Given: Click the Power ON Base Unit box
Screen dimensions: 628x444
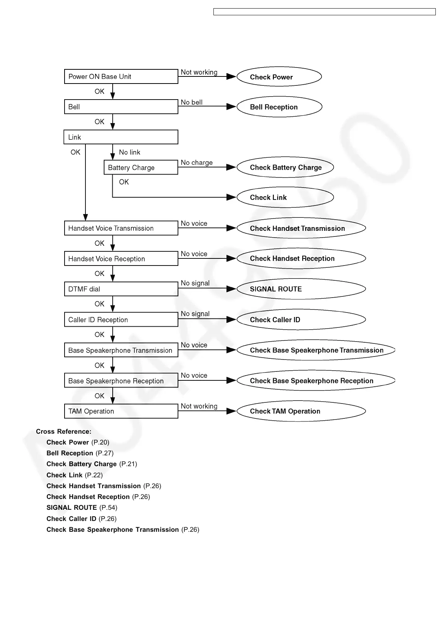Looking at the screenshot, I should click(x=121, y=76).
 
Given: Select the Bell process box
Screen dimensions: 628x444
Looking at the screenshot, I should click(x=121, y=107).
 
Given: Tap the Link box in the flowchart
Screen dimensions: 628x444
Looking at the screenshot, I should click(x=121, y=137).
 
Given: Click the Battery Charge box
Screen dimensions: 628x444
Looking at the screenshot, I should click(x=141, y=167).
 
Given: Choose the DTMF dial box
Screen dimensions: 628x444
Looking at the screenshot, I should click(x=121, y=289).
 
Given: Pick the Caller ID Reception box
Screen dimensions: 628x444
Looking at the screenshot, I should click(x=121, y=320).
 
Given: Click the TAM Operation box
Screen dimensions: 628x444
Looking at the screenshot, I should click(x=121, y=411).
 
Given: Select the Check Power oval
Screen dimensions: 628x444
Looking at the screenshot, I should click(x=279, y=77).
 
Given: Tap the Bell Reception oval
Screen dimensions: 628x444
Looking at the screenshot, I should click(x=279, y=107).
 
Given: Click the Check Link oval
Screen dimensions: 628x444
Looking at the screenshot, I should click(x=285, y=197).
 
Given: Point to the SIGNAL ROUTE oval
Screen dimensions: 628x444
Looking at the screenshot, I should click(x=301, y=289).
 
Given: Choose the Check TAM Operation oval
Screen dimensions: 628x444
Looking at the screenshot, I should click(x=301, y=411).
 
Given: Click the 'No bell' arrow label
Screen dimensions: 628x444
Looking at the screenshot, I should click(x=191, y=102).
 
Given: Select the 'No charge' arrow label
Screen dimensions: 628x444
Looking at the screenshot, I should click(x=197, y=163).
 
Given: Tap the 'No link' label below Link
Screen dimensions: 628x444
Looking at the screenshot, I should click(x=129, y=152).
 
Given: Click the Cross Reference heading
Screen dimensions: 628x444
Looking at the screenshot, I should click(x=63, y=431).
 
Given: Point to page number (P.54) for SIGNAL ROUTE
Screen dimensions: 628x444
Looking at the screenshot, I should click(x=108, y=508).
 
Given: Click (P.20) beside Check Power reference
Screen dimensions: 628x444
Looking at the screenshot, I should click(x=100, y=442).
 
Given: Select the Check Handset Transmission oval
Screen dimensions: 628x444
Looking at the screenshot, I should click(x=301, y=228).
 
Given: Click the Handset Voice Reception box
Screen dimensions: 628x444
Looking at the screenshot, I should click(x=121, y=258).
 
